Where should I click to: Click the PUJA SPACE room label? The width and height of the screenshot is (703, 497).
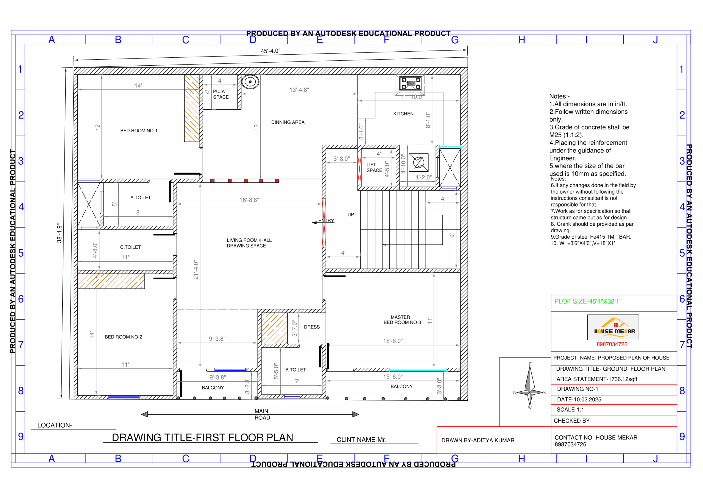coord(221,94)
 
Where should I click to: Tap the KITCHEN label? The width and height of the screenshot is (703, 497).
coord(403,114)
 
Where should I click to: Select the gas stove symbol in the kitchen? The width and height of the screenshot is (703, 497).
coord(411,83)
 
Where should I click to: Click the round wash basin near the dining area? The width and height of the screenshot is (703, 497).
coord(250,82)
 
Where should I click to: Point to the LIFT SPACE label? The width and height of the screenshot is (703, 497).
coord(374,167)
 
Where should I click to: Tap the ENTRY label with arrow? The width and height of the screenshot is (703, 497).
coord(325,221)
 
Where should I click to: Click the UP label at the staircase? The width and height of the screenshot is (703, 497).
coord(351,215)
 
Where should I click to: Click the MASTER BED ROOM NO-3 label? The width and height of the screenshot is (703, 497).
coord(402,320)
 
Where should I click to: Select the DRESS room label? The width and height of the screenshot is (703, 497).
coord(312,327)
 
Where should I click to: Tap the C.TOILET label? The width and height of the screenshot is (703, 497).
coord(130,247)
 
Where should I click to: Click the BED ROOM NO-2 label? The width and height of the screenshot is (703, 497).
coord(123,337)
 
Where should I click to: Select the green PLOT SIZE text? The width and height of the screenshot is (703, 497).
coord(588,301)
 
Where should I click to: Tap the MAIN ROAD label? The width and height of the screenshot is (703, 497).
coord(262,414)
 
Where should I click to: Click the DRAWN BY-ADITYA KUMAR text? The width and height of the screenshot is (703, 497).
coord(478,440)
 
